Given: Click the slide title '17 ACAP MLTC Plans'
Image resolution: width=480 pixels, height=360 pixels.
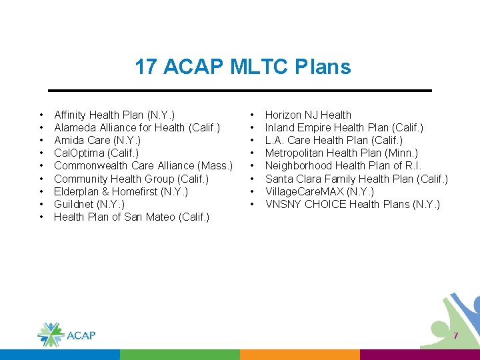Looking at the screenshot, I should coord(243,67).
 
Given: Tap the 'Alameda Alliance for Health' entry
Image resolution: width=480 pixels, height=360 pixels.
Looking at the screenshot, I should coord(137,127).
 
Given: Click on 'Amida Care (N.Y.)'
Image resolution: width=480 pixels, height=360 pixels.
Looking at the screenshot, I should coord(97,140).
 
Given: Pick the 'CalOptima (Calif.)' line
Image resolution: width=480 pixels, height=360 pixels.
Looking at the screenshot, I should coord(96,153).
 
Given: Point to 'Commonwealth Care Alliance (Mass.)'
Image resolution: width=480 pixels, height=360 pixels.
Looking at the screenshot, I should coord(143,165).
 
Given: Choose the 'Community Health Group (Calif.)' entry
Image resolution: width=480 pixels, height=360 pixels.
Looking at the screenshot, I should coord(131,179).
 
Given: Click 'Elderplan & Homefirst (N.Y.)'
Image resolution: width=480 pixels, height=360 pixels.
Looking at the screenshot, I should coord(121,191).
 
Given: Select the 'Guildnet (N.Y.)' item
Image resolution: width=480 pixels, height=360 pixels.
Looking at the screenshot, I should coord(89,204).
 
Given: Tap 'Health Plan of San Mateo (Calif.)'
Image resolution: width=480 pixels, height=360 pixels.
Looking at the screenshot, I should coord(131,217).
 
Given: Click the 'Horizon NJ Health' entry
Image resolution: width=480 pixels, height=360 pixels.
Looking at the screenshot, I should coord(308,115).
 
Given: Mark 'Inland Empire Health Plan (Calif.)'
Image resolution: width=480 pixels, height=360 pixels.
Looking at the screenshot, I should coord(344,127).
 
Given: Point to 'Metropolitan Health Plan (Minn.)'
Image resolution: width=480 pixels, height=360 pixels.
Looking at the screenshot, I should coord(341,153).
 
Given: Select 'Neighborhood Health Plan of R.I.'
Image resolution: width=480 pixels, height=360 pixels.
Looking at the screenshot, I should coord(343,165).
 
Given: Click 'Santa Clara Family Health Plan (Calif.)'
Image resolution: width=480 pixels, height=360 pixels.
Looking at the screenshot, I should coord(357,179).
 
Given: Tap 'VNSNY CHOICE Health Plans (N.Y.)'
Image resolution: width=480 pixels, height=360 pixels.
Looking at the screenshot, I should coord(353,204).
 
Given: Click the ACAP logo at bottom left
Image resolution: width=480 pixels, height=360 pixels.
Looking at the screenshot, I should coord(66,334).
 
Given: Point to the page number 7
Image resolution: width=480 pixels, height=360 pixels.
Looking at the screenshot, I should coord(456,336).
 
